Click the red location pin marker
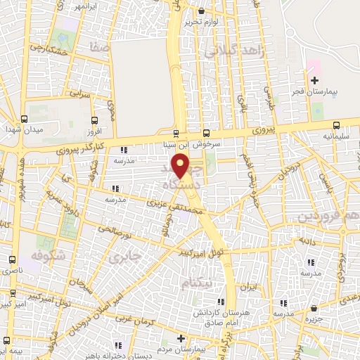point(181,167)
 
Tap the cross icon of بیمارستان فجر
point(314,81)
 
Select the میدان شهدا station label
point(30,131)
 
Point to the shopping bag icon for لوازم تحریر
point(202,11)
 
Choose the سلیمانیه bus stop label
point(336,133)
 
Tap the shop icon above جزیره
point(314,308)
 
